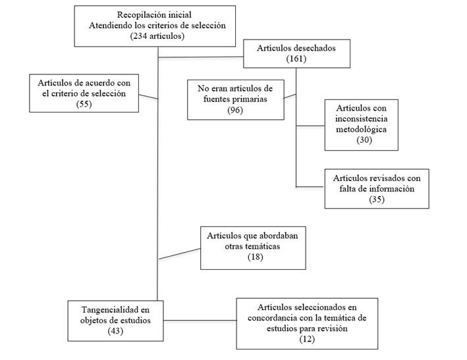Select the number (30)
(x=363, y=140)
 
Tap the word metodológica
(x=363, y=129)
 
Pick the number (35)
(x=372, y=198)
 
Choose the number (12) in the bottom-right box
(x=306, y=338)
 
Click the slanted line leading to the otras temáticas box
(x=179, y=253)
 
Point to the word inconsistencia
(x=363, y=118)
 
